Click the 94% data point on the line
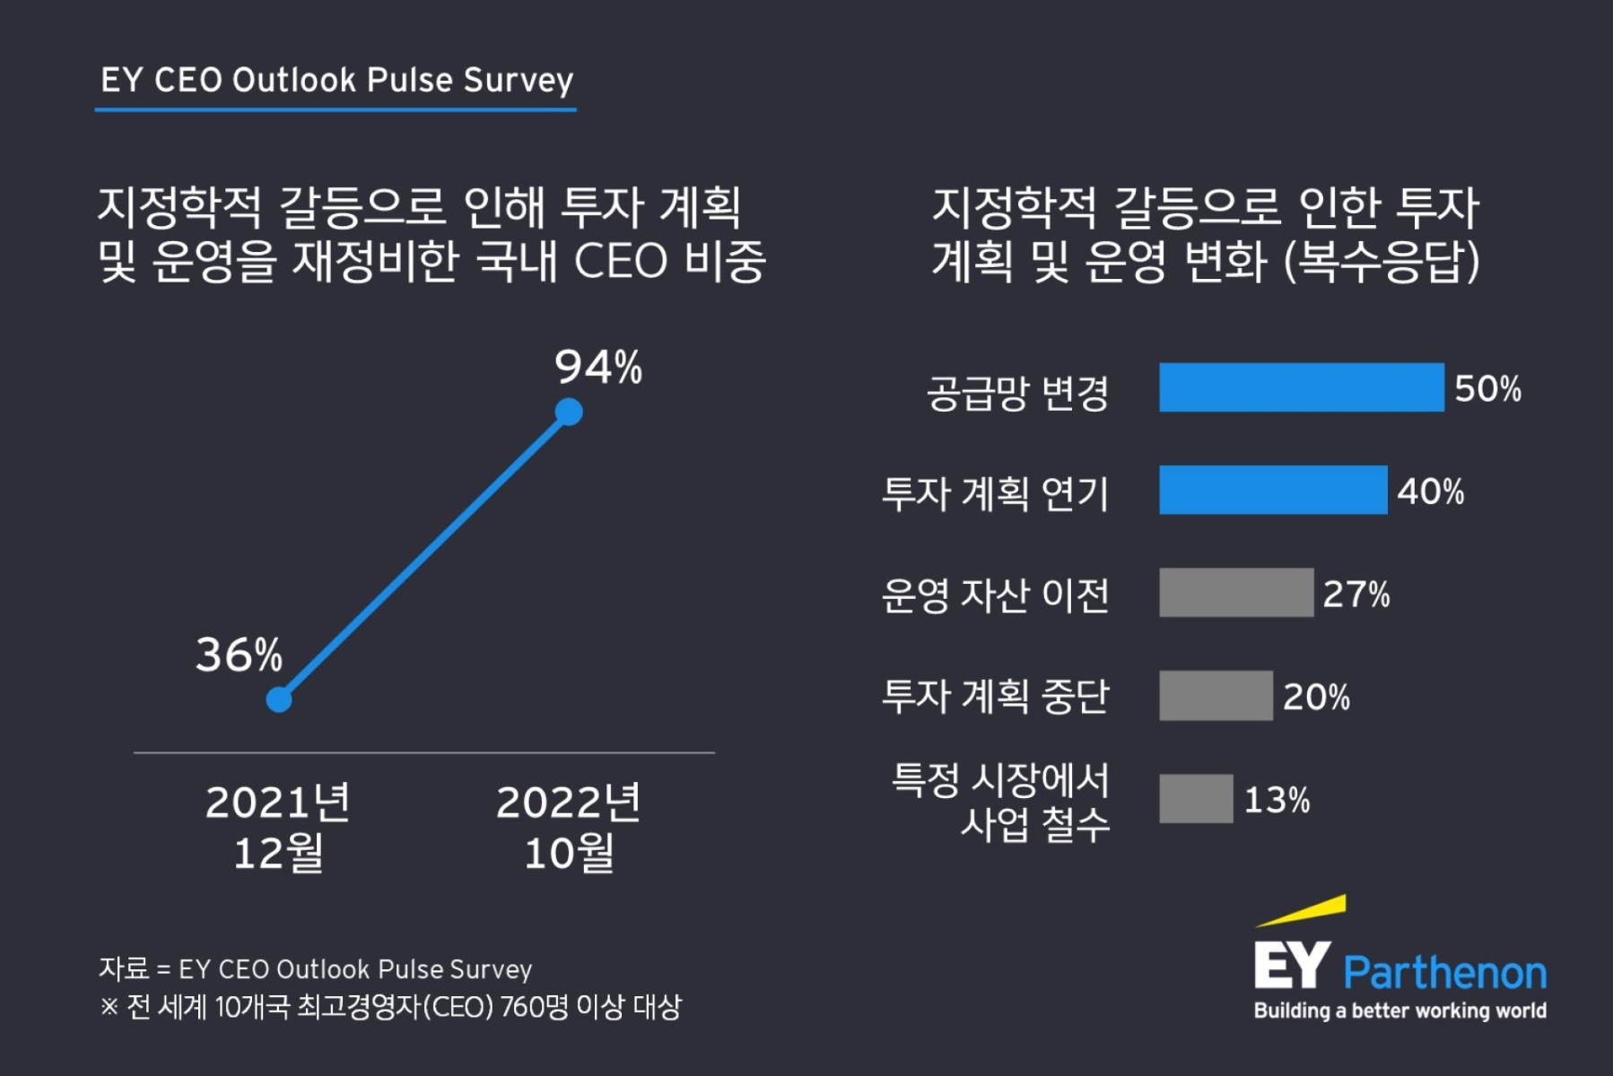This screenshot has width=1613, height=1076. tap(569, 412)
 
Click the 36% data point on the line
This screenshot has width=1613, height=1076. tap(279, 699)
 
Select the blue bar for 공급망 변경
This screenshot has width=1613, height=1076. tap(1301, 387)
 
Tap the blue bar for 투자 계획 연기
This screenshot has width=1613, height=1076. tap(1272, 490)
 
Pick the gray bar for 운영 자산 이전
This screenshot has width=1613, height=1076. tap(1235, 592)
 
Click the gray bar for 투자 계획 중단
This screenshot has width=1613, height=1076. tap(1215, 695)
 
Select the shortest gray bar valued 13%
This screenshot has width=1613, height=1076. tap(1195, 798)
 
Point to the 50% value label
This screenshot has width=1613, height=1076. tap(1487, 389)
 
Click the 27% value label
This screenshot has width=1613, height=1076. tap(1356, 594)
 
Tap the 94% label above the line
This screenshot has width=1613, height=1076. tap(597, 367)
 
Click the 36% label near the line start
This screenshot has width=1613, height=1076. tap(239, 655)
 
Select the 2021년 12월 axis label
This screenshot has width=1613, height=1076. tap(278, 827)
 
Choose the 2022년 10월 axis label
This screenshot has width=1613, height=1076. tap(569, 827)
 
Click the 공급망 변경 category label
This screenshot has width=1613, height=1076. tap(1017, 393)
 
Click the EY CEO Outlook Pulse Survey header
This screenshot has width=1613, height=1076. tap(336, 81)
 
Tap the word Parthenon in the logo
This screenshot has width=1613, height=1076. tap(1444, 973)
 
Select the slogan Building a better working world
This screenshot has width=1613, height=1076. tap(1399, 1011)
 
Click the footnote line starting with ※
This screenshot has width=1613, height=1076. tap(390, 1007)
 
